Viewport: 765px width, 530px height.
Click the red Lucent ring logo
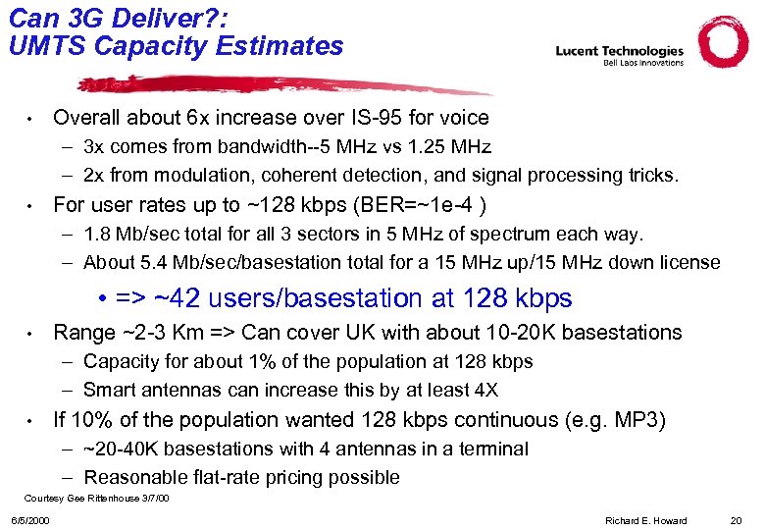point(723,42)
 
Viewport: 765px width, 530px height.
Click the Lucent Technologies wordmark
point(619,50)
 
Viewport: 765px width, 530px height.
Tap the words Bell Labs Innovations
point(642,63)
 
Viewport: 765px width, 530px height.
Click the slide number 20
point(736,520)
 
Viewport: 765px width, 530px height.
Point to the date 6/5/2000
point(30,520)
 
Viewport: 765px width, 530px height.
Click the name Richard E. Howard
point(647,520)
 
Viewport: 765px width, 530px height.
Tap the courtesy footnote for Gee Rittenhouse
point(96,499)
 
